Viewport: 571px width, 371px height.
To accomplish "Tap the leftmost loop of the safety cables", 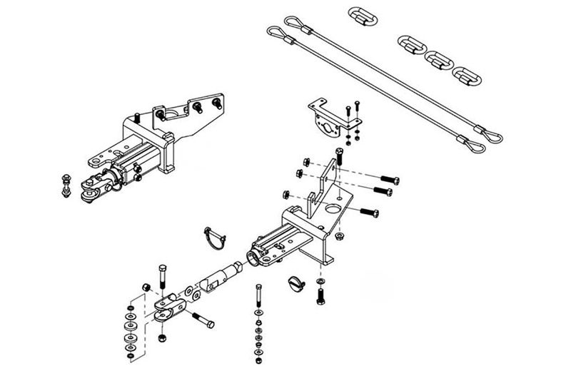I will pyautogui.click(x=277, y=31).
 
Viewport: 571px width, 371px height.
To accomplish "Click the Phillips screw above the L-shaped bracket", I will pyautogui.click(x=338, y=153).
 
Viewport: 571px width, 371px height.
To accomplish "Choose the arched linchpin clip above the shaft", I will pyautogui.click(x=213, y=237).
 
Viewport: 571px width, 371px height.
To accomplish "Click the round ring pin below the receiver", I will pyautogui.click(x=298, y=283).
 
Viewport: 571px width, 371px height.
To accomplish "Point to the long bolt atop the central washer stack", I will pyautogui.click(x=257, y=295).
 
